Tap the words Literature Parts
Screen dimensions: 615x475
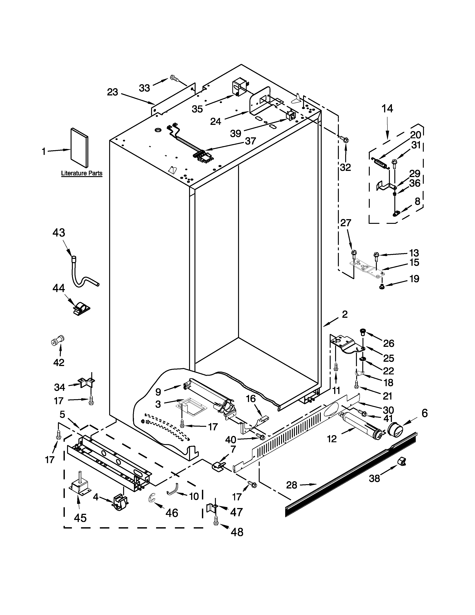coord(82,173)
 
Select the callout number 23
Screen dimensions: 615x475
coord(113,92)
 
